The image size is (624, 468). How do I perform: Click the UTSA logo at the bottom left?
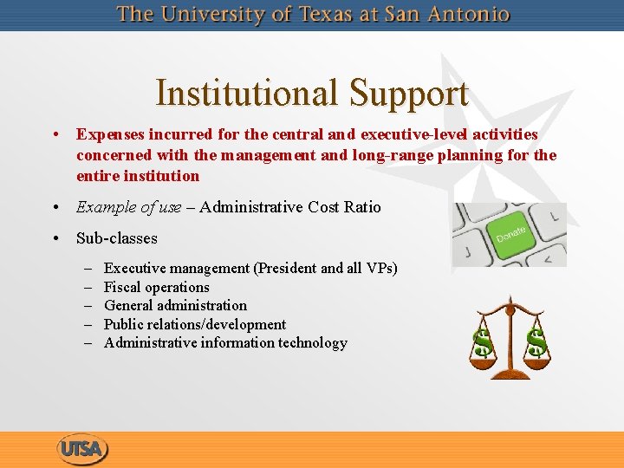click(83, 449)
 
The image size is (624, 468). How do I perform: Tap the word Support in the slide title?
click(408, 94)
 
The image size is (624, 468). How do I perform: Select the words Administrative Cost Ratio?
click(290, 207)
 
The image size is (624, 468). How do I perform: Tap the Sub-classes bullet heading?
click(117, 237)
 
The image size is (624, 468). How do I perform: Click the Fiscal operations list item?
click(157, 287)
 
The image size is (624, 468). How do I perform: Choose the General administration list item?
click(175, 305)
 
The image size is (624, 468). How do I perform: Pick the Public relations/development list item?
click(195, 324)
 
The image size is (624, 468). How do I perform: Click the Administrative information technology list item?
click(225, 342)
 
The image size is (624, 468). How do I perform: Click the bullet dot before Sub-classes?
click(55, 237)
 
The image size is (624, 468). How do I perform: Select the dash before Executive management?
click(89, 268)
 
